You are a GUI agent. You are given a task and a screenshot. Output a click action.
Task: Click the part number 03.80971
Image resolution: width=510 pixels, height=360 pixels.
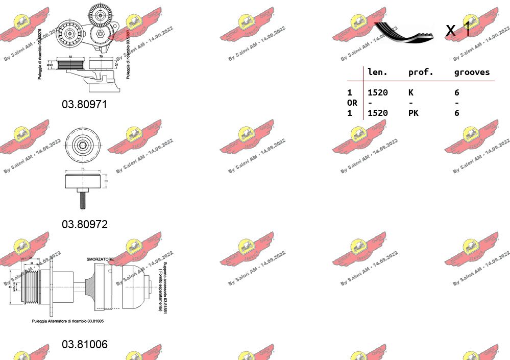pyautogui.click(x=85, y=104)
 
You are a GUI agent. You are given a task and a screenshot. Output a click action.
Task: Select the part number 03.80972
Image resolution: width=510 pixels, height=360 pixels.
pyautogui.click(x=85, y=224)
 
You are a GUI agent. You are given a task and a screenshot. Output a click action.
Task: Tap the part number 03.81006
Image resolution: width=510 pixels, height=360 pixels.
pyautogui.click(x=85, y=344)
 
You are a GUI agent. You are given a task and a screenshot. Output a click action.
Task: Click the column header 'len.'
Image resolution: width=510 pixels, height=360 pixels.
pyautogui.click(x=377, y=73)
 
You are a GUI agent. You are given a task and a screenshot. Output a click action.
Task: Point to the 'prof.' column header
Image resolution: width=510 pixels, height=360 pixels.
pyautogui.click(x=421, y=73)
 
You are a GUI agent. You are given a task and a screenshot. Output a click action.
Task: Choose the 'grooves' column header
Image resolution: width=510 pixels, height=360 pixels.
pyautogui.click(x=472, y=73)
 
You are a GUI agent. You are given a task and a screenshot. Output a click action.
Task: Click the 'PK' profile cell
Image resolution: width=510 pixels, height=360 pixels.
pyautogui.click(x=413, y=113)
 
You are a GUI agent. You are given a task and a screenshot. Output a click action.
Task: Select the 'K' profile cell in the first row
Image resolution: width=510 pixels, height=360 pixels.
pyautogui.click(x=411, y=92)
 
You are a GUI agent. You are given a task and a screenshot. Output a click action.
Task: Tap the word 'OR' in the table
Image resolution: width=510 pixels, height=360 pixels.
pyautogui.click(x=352, y=103)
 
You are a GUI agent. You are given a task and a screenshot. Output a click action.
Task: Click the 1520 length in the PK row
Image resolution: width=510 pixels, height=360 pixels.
pyautogui.click(x=377, y=113)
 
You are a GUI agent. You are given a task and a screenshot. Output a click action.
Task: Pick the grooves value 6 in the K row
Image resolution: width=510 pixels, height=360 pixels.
pyautogui.click(x=457, y=92)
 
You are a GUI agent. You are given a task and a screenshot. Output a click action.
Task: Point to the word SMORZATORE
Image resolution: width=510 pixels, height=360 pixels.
pyautogui.click(x=100, y=259)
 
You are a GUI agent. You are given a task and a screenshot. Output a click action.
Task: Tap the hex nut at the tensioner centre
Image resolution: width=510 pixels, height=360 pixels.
pyautogui.click(x=101, y=34)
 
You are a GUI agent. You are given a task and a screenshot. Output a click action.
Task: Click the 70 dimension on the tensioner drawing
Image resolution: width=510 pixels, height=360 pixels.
pyautogui.click(x=101, y=57)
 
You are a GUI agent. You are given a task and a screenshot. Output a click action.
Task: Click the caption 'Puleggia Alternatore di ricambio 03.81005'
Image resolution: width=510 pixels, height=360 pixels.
pyautogui.click(x=67, y=321)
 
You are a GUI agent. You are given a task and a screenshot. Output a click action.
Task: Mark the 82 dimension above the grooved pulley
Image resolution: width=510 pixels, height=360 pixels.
pyautogui.click(x=70, y=57)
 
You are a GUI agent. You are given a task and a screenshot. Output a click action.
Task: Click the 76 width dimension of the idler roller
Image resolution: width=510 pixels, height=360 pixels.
pyautogui.click(x=82, y=169)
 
